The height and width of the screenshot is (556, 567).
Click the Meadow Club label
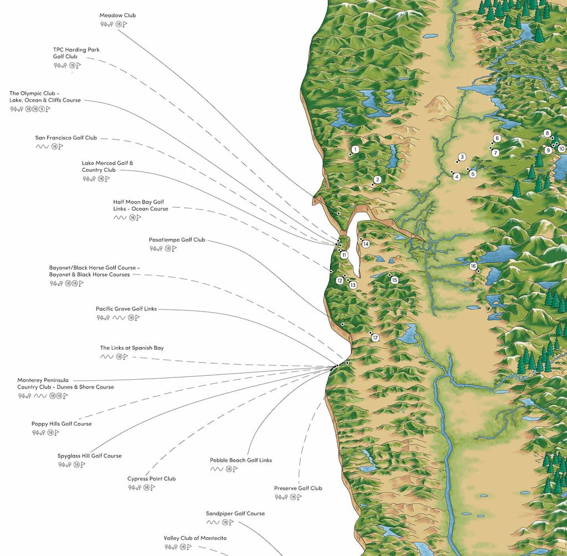pyautogui.click(x=117, y=16)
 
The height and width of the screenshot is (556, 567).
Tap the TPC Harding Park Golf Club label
pyautogui.click(x=76, y=53)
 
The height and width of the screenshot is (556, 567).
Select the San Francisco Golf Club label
pyautogui.click(x=66, y=138)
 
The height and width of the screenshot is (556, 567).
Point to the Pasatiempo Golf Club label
pyautogui.click(x=177, y=240)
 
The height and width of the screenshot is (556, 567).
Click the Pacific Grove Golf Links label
pyautogui.click(x=126, y=309)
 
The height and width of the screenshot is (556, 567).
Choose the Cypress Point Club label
pyautogui.click(x=151, y=479)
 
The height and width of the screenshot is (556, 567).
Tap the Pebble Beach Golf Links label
pyautogui.click(x=240, y=460)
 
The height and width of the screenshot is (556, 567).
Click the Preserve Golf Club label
pyautogui.click(x=298, y=488)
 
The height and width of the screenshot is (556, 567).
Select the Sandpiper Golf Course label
pyautogui.click(x=235, y=514)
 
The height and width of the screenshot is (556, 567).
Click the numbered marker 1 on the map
pyautogui.click(x=355, y=150)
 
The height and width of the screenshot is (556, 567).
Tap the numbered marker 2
pyautogui.click(x=377, y=180)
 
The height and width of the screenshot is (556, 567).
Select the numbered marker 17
pyautogui.click(x=375, y=338)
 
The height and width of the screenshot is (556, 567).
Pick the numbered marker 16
pyautogui.click(x=473, y=267)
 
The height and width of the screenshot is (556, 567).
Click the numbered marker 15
pyautogui.click(x=394, y=280)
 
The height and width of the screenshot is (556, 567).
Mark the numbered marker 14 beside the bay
pyautogui.click(x=366, y=244)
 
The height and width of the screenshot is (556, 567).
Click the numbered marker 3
pyautogui.click(x=462, y=157)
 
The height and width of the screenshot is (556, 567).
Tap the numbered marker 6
pyautogui.click(x=497, y=138)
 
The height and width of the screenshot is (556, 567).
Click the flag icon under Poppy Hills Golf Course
pyautogui.click(x=56, y=432)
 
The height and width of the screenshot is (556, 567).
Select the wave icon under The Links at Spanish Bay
pyautogui.click(x=106, y=356)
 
